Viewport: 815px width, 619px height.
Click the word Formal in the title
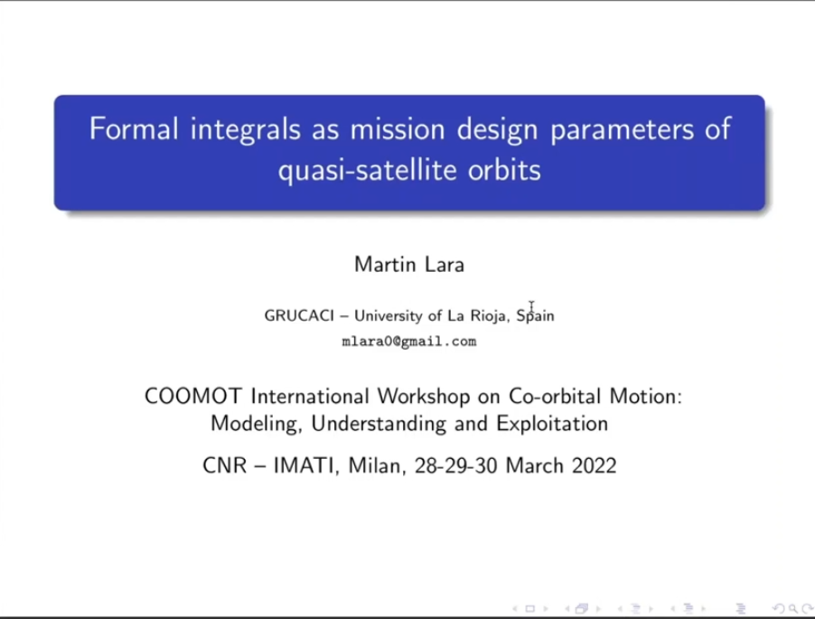pos(134,128)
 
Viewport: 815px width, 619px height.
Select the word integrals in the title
pos(246,130)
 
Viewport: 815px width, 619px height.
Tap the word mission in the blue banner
pos(397,128)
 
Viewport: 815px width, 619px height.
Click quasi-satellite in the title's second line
pos(367,171)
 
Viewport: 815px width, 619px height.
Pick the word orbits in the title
pos(504,169)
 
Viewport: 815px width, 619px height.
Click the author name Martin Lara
pos(409,264)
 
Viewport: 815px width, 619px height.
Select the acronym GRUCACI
pos(299,315)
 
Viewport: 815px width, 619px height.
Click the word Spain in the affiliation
pos(535,316)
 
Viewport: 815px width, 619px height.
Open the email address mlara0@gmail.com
pos(409,342)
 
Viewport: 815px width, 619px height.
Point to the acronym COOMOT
pos(193,396)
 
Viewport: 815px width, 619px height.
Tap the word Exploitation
pos(552,424)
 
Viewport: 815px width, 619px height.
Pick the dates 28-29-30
pos(455,465)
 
